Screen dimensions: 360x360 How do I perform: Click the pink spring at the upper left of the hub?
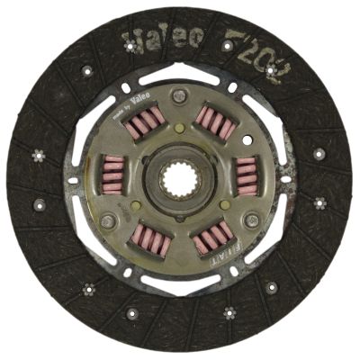click(144, 121)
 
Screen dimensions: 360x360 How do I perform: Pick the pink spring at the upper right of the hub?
click(216, 121)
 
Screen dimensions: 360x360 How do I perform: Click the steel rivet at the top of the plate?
click(181, 94)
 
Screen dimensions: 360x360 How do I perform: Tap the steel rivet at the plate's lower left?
click(108, 221)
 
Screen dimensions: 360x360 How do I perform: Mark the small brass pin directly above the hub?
click(179, 128)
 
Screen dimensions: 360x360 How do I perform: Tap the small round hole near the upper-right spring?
click(233, 87)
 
